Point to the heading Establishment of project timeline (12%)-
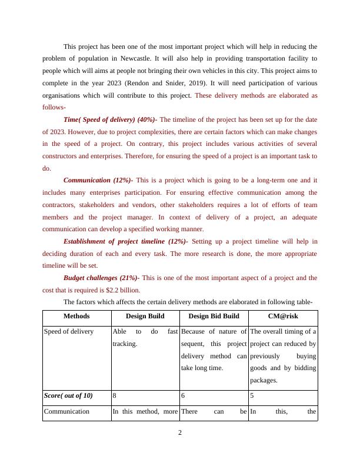tap(125, 241)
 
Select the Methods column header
tap(77, 316)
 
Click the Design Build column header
tap(145, 316)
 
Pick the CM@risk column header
tap(283, 316)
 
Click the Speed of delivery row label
tap(69, 331)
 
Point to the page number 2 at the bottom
tap(180, 434)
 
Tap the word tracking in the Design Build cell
tap(125, 344)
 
